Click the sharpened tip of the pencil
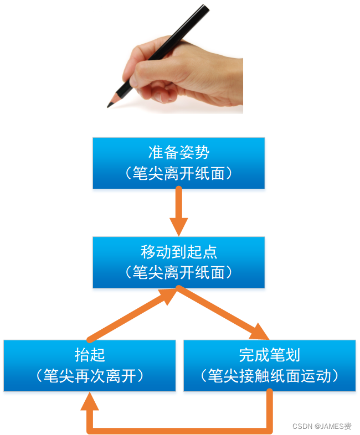[110, 105]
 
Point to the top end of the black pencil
[206, 7]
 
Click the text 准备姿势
[178, 152]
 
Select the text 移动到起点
[178, 252]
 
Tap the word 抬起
[90, 355]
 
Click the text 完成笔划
[269, 355]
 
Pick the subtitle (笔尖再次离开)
[90, 376]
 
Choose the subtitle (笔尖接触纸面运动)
[269, 376]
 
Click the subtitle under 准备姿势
[178, 173]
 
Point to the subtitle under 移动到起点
[178, 272]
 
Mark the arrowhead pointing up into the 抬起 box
[90, 402]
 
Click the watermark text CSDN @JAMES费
[321, 426]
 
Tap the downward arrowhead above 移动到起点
[178, 226]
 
